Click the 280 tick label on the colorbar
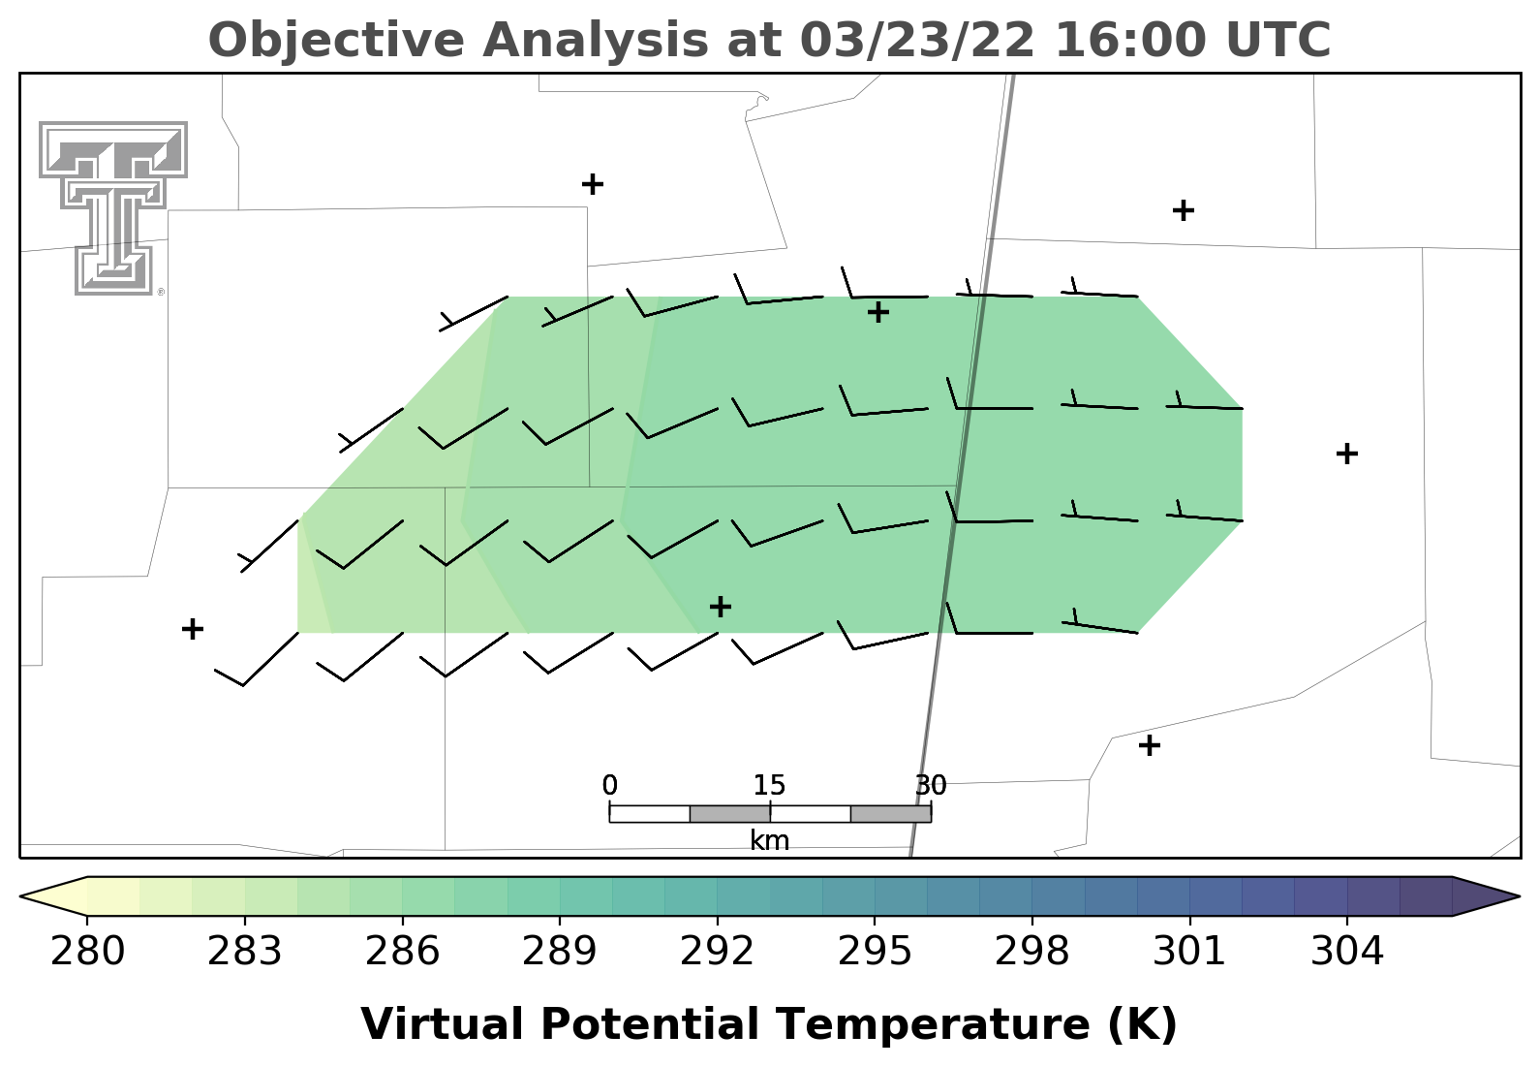click(x=87, y=953)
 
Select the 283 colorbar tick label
click(x=245, y=953)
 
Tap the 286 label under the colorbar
click(x=402, y=953)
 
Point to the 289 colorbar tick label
click(x=559, y=953)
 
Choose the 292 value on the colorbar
click(x=717, y=953)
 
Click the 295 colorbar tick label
click(x=874, y=953)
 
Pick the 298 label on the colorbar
click(x=1031, y=953)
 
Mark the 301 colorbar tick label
click(x=1189, y=953)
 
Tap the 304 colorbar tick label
click(x=1346, y=953)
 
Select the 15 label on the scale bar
click(x=769, y=785)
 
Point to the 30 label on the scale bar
click(x=931, y=785)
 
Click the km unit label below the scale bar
click(x=769, y=840)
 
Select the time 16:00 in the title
click(x=1131, y=40)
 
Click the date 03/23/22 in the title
click(x=917, y=40)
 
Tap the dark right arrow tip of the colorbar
click(x=1519, y=895)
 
